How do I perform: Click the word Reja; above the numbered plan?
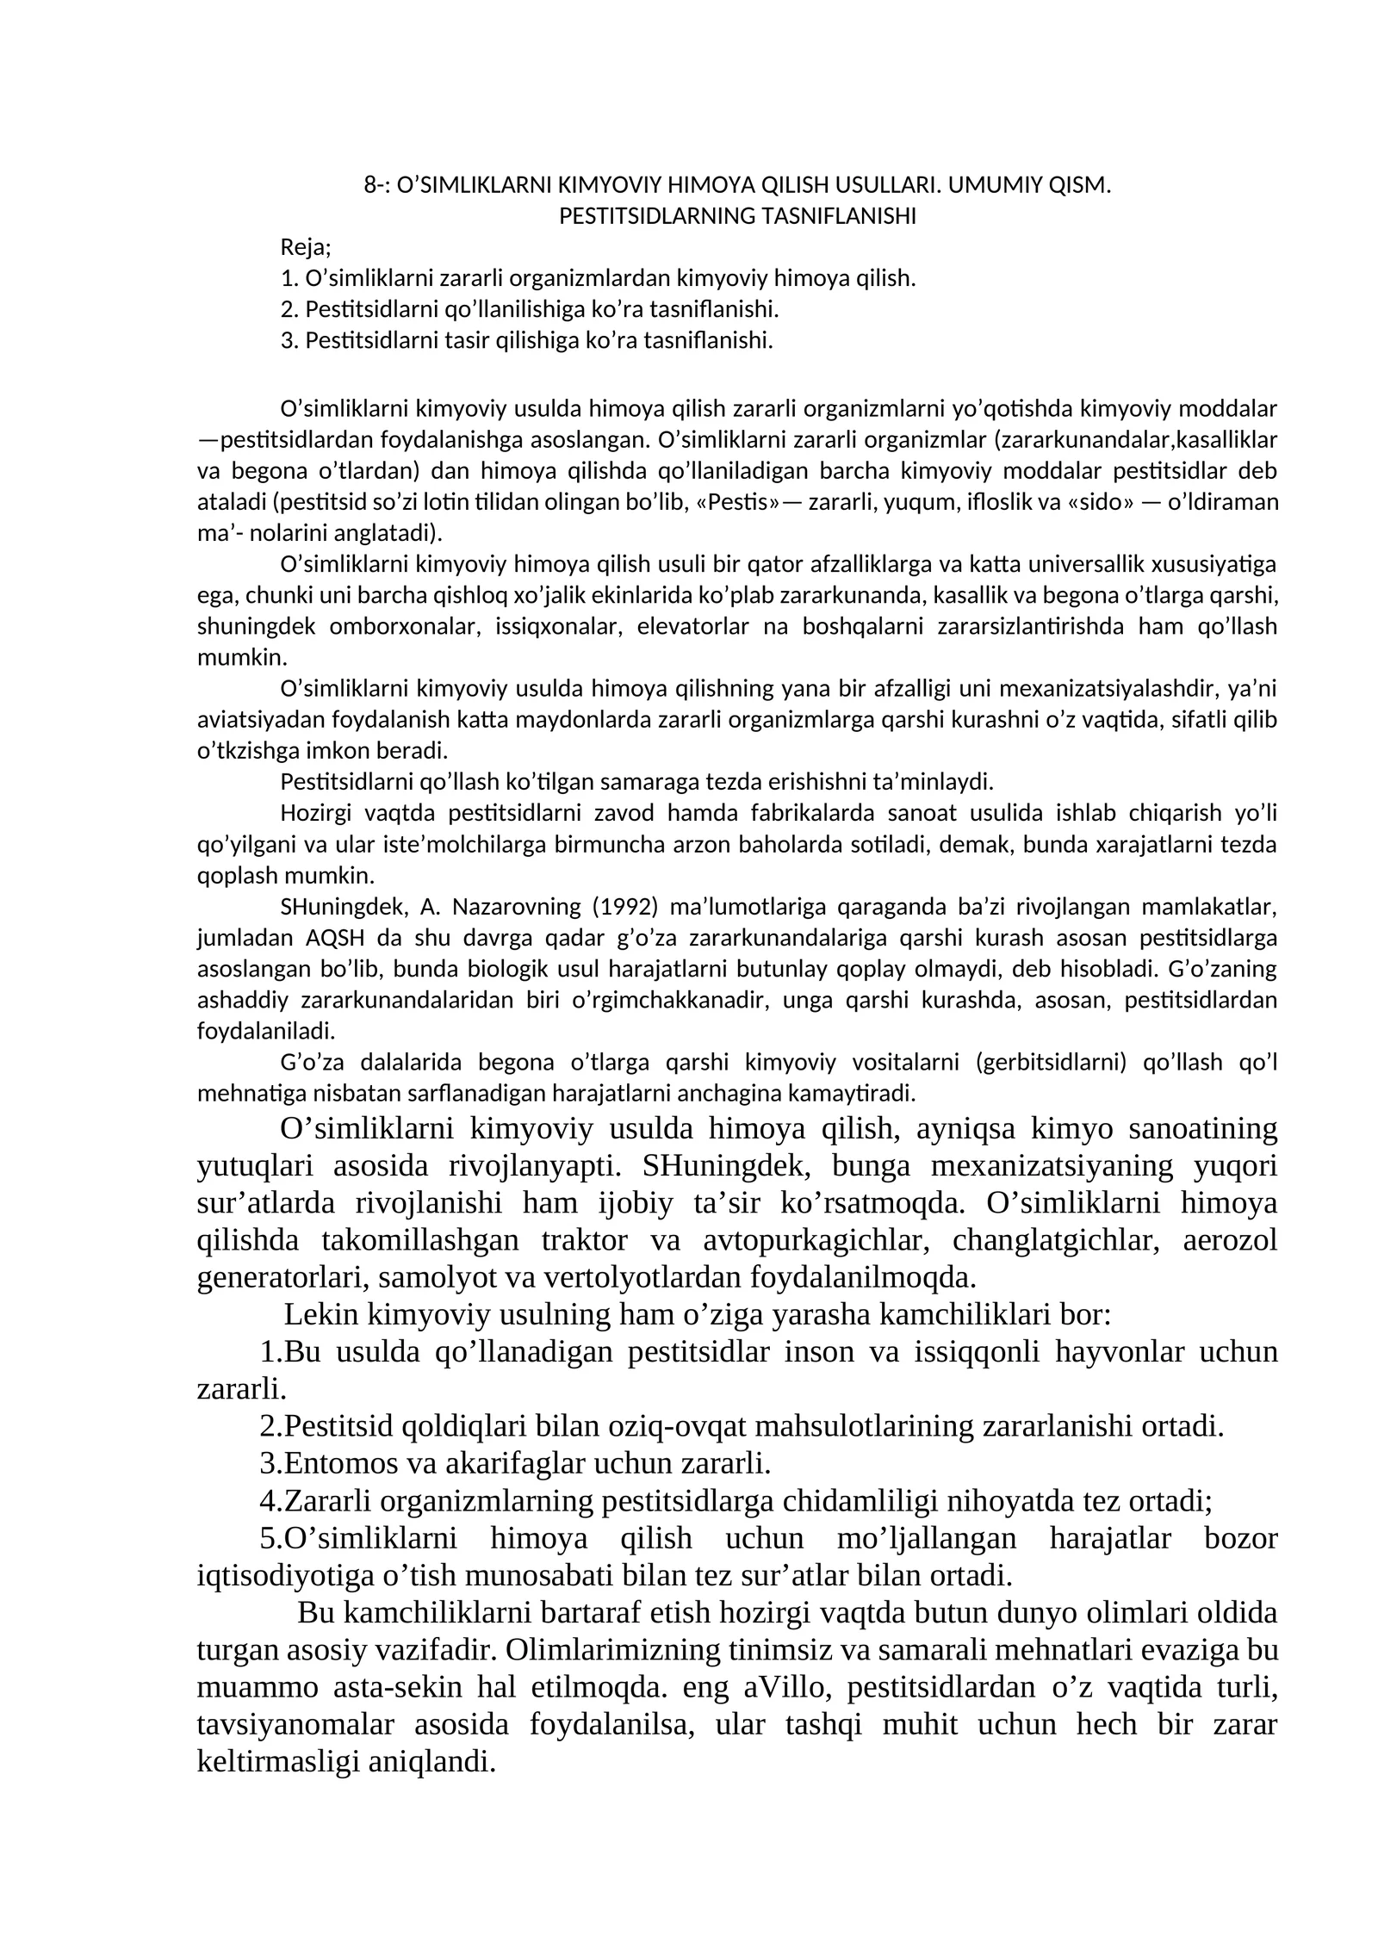[306, 248]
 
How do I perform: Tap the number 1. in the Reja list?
[289, 279]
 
